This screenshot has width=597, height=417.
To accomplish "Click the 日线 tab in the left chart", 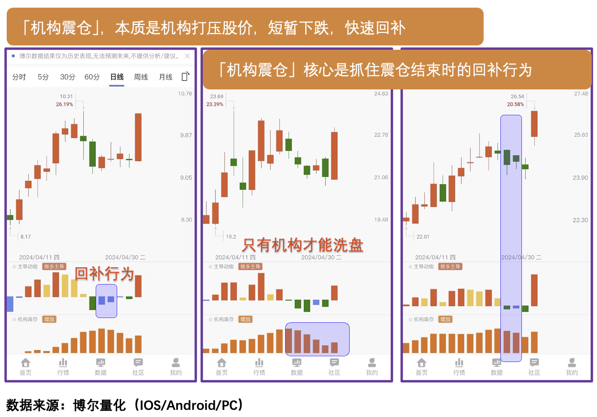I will pos(117,77).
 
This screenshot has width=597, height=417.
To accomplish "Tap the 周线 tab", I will pos(141,77).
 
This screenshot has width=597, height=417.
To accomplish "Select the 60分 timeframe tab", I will pos(92,77).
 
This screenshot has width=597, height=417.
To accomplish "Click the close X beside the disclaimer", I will pos(188,56).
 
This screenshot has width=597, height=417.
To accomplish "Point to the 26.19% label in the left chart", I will pos(65,104).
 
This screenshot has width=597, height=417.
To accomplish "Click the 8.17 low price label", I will pos(25,237).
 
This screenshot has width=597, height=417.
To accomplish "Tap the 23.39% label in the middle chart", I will pos(215,104).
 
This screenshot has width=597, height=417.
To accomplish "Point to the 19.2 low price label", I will pos(231,237).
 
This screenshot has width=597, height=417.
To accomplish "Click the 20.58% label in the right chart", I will pos(516,104).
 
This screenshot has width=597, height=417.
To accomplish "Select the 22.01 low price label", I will pos(423,237).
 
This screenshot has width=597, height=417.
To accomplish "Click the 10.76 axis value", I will pos(185,94).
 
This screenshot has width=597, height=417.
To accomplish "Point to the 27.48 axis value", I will pos(581,94).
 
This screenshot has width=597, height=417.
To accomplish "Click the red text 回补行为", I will pos(104,274).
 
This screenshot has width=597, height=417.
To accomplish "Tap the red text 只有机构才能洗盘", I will pos(302,245).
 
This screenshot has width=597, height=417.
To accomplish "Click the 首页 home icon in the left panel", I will pos(26,366).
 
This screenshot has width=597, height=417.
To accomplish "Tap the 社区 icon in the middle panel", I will pos(334,366).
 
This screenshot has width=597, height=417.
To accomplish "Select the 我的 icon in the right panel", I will pos(572,366).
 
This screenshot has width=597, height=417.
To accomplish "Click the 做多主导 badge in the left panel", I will pos(54,267).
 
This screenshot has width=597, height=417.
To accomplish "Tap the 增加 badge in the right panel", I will pos(445,319).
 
